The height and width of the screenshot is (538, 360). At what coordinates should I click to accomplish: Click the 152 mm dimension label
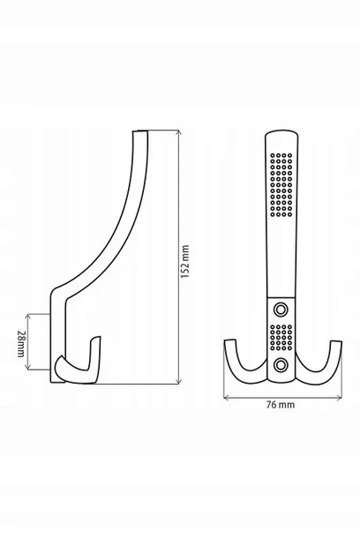(x=185, y=261)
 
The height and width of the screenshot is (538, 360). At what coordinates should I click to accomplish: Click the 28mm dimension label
(x=21, y=344)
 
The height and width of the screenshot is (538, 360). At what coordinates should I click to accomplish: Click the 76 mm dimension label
(x=281, y=405)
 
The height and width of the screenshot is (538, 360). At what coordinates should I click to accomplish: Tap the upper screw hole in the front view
(x=281, y=310)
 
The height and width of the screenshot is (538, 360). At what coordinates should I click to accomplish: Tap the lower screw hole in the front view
(x=281, y=365)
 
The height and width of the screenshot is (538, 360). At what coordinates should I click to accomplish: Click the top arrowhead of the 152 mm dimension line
(x=177, y=132)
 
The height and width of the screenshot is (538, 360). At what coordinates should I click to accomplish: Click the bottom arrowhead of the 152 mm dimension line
(x=177, y=380)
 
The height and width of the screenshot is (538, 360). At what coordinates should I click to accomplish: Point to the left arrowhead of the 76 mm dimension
(x=226, y=398)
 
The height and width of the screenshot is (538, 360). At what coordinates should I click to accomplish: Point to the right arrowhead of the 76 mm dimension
(x=339, y=398)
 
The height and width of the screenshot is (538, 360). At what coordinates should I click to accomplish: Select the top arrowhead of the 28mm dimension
(x=28, y=316)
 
